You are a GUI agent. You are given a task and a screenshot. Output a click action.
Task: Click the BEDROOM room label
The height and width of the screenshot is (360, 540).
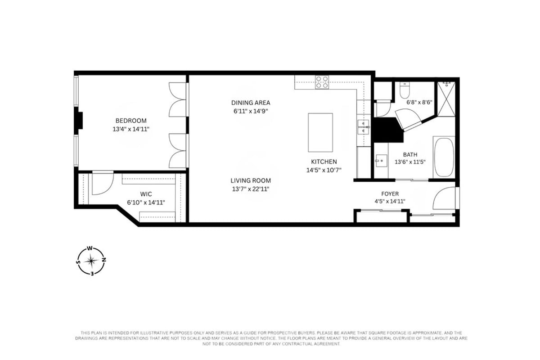click(131, 121)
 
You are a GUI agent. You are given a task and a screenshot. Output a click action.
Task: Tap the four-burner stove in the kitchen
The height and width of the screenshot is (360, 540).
click(322, 82)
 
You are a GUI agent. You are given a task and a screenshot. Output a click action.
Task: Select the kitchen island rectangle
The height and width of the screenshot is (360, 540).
click(320, 132)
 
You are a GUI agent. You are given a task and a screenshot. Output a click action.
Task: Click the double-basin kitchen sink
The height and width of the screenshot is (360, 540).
click(363, 127)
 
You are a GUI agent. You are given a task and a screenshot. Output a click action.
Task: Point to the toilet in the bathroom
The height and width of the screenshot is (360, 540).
click(404, 90)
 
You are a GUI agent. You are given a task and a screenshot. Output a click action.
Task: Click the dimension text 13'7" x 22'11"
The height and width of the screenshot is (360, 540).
click(251, 189)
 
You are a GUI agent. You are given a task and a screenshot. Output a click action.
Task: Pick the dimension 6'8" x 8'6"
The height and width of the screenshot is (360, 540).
click(419, 102)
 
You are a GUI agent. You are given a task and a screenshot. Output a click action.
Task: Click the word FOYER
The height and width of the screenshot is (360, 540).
click(390, 194)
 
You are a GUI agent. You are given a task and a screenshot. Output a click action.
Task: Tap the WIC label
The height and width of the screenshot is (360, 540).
click(146, 194)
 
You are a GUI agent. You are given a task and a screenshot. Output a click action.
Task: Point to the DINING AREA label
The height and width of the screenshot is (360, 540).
click(251, 103)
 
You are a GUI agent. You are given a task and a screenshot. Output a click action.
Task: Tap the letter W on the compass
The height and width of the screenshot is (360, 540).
click(90, 248)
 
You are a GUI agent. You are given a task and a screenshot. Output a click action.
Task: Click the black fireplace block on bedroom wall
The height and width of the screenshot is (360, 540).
click(79, 121)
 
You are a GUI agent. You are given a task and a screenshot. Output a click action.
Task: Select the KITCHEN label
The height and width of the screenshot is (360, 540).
click(324, 162)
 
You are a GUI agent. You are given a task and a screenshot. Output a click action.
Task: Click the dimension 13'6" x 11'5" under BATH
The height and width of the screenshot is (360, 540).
click(410, 162)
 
